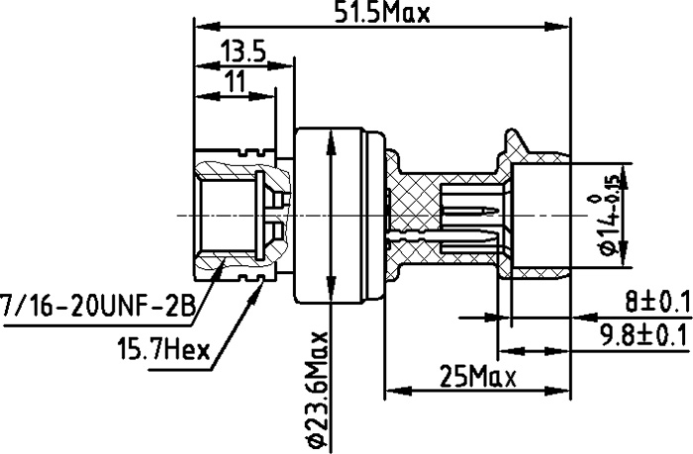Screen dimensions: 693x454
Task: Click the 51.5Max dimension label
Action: pyautogui.click(x=381, y=13)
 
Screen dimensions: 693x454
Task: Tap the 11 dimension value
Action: pyautogui.click(x=235, y=81)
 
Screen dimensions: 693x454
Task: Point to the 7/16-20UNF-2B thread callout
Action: pyautogui.click(x=98, y=305)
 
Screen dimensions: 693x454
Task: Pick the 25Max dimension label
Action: pyautogui.click(x=477, y=378)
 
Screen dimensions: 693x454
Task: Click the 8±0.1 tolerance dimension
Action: pyautogui.click(x=657, y=303)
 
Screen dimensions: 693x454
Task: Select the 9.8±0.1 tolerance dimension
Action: pyautogui.click(x=644, y=335)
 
